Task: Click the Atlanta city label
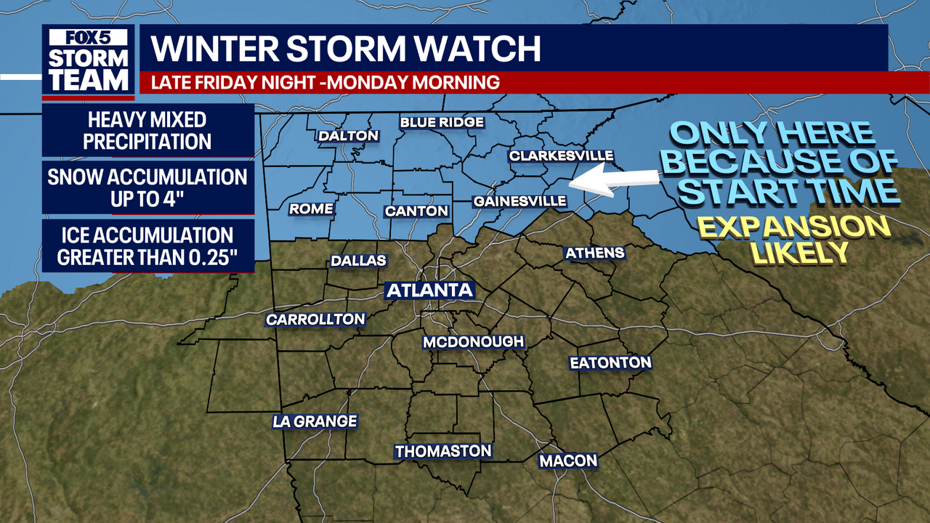[x=429, y=291]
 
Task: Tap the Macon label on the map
[x=568, y=461]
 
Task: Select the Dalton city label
[x=349, y=136]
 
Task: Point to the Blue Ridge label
[x=442, y=122]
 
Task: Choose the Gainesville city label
[x=519, y=201]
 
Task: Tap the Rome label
[x=311, y=209]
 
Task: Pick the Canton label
[x=416, y=211]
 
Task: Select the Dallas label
[x=358, y=261]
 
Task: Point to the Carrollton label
[x=315, y=320]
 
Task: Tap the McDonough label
[x=473, y=341]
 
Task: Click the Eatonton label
[x=610, y=362]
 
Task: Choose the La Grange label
[x=315, y=421]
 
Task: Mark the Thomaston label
[x=443, y=451]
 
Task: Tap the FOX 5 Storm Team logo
[x=89, y=62]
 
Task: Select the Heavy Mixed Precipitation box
[x=147, y=130]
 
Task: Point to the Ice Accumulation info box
[x=147, y=246]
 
